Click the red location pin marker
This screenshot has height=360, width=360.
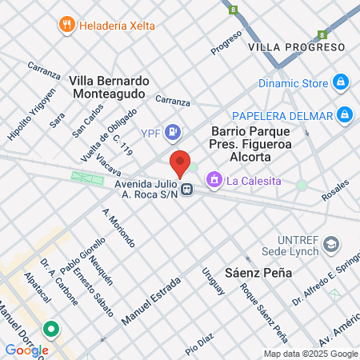[x=181, y=162]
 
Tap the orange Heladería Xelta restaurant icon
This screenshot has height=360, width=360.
[x=67, y=26]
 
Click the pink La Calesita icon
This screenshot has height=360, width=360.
[x=214, y=180]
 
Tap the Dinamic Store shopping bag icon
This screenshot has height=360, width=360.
[x=342, y=82]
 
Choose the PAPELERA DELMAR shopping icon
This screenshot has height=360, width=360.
[x=345, y=115]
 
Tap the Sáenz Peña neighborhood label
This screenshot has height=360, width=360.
[x=258, y=273]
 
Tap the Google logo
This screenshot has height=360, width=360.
[x=26, y=350]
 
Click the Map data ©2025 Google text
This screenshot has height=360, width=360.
[x=311, y=354]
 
